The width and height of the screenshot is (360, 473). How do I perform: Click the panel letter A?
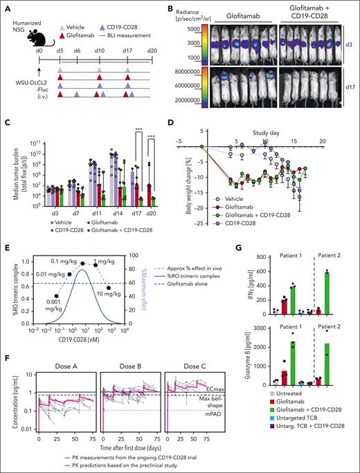point(6,6)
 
